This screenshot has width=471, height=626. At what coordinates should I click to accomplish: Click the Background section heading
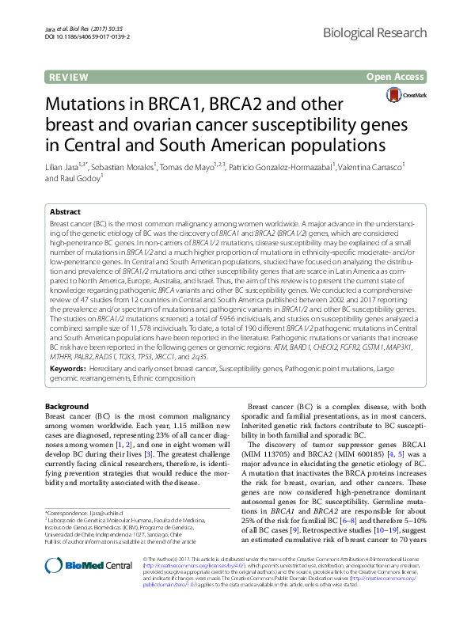(x=67, y=406)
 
